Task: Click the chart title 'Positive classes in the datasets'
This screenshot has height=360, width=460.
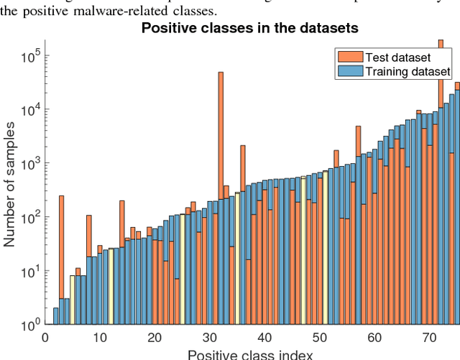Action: coord(250,29)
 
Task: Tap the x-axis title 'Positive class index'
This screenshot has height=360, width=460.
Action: coord(250,354)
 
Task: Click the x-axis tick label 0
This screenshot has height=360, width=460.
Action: coord(45,338)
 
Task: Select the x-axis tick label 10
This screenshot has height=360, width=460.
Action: coord(100,338)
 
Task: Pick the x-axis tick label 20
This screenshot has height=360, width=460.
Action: coord(155,338)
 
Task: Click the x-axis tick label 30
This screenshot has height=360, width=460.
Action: coord(210,338)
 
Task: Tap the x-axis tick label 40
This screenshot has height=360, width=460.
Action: coord(264,338)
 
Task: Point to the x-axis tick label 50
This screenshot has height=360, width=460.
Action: coord(320,338)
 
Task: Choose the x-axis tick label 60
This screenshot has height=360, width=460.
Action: coord(374,338)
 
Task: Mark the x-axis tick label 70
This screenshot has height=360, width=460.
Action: coord(430,338)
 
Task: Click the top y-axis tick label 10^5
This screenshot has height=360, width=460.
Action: coord(29,56)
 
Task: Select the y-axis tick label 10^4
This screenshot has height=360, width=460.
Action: coord(29,110)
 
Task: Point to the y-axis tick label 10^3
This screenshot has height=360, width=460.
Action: coord(29,164)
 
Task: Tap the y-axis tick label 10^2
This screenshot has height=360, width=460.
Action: coord(29,218)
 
